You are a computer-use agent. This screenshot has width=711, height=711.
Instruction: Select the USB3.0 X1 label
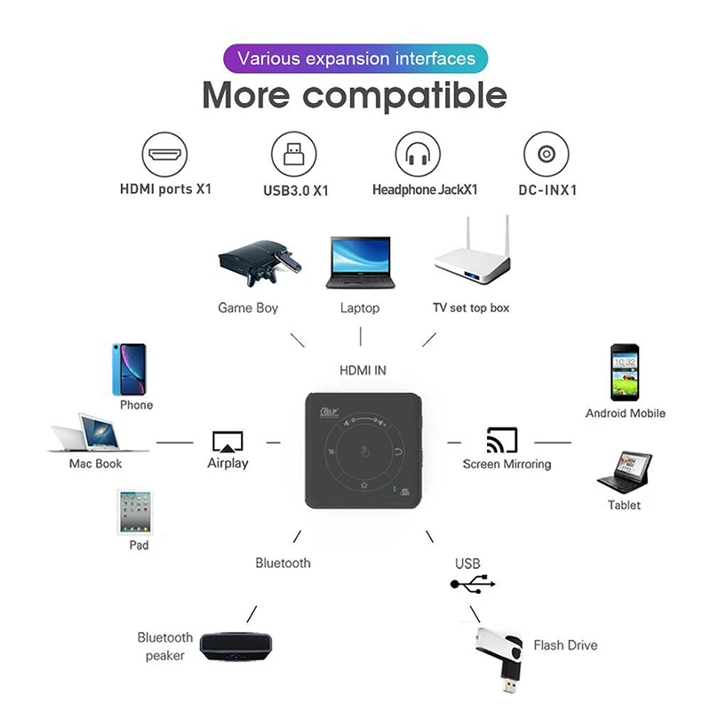click(x=296, y=189)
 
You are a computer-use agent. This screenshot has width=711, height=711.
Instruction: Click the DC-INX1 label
click(x=548, y=189)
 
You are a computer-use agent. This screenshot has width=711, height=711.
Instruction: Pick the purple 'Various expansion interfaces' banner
click(x=355, y=60)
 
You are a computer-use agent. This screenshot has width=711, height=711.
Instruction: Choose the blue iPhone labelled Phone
click(x=130, y=369)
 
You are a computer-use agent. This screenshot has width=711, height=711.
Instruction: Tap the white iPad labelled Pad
click(x=133, y=511)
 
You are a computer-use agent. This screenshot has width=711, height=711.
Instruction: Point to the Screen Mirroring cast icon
click(x=502, y=440)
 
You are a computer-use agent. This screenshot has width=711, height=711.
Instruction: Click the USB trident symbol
click(x=472, y=584)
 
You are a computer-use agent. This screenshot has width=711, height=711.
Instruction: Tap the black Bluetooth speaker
click(x=235, y=646)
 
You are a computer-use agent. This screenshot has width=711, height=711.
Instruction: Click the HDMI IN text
click(x=363, y=370)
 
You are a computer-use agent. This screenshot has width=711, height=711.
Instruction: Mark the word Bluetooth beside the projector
click(x=283, y=563)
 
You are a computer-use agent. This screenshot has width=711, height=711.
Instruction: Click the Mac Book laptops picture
click(x=86, y=434)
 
